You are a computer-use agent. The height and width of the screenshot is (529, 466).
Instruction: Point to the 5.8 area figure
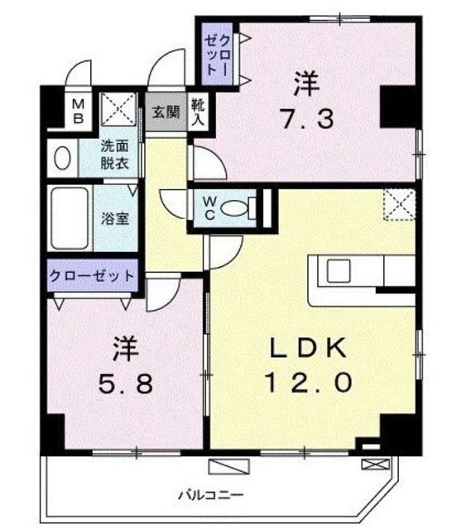(122, 384)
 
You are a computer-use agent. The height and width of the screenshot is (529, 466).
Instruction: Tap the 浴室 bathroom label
(114, 220)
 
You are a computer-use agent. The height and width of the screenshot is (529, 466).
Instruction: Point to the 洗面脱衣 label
(114, 155)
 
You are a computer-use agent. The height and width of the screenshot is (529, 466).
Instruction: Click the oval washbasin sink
(61, 157)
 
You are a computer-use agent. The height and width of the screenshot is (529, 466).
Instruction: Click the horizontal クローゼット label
(91, 276)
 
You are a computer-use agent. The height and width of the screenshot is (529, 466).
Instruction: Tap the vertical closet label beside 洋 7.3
(221, 52)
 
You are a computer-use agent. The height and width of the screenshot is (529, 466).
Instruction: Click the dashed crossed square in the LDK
(399, 204)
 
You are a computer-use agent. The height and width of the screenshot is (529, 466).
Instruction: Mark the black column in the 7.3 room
(396, 104)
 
